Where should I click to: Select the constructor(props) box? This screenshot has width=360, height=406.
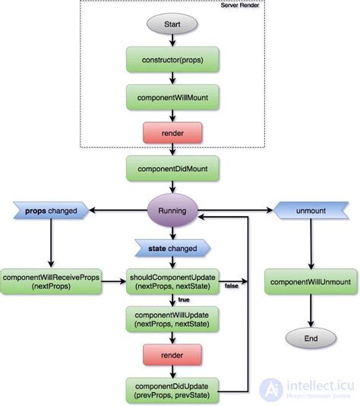[x=172, y=59]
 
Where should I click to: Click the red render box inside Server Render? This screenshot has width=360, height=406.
[x=172, y=134]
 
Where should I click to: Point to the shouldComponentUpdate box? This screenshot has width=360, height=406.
[x=172, y=281]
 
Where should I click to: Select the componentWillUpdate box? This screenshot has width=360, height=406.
[x=172, y=319]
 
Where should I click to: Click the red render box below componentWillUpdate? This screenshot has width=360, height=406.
[x=172, y=354]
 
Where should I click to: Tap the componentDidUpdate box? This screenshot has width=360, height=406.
[x=172, y=389]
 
